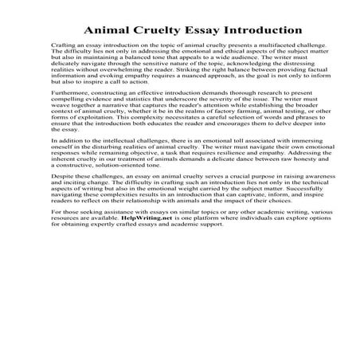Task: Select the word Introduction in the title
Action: tap(263, 30)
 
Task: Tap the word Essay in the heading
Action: tap(199, 30)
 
